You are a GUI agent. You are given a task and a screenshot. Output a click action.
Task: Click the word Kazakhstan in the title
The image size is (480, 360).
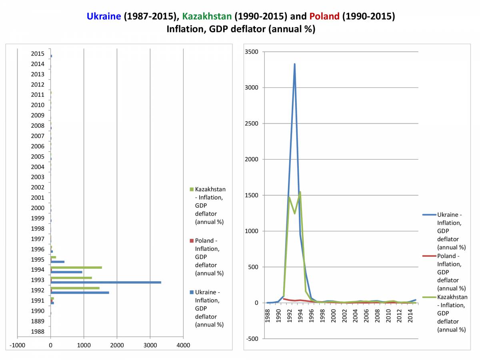(x=207, y=16)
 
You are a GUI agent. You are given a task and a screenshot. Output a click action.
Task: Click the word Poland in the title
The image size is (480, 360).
(x=324, y=16)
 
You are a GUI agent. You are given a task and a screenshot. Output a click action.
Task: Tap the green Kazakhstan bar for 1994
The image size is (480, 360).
(x=76, y=268)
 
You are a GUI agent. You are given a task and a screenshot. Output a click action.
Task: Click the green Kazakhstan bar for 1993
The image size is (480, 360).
(x=71, y=278)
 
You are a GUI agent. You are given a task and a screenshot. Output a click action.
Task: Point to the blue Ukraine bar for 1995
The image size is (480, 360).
(x=57, y=262)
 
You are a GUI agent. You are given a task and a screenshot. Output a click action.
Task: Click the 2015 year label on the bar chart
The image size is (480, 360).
(x=37, y=54)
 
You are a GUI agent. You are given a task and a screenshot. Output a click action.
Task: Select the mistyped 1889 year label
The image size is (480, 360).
(x=37, y=321)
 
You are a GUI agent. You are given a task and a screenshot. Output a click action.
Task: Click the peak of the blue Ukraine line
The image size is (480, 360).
(x=294, y=64)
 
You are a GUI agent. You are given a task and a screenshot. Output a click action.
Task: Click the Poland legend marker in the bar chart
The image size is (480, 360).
(x=192, y=241)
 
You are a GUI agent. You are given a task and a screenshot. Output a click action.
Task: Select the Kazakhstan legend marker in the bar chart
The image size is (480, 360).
(x=192, y=189)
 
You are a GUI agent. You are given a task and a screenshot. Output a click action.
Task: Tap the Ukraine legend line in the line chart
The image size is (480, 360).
(x=428, y=215)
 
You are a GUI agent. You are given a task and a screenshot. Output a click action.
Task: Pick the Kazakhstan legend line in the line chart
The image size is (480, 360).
(x=428, y=297)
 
